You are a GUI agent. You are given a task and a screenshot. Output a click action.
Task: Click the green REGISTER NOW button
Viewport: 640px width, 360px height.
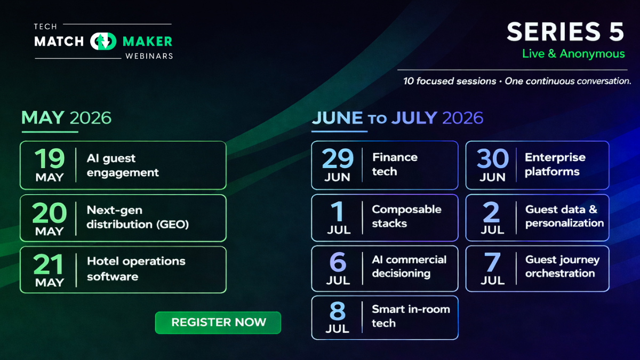(218, 322)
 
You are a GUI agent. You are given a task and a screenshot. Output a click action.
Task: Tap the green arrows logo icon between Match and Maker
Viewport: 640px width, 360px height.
(103, 41)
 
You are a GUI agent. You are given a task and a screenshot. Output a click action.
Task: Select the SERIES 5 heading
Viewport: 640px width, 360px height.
(565, 32)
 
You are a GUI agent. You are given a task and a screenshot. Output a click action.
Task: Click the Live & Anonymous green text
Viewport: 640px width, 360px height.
(573, 54)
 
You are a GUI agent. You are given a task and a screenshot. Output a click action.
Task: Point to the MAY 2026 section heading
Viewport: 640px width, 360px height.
(66, 117)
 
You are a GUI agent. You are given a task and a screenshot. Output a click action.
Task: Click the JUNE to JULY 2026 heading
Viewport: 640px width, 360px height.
(397, 117)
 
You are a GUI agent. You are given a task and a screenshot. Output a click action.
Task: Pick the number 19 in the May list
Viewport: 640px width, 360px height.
(49, 158)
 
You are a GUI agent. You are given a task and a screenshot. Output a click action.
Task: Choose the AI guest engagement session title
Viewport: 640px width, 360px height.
(123, 165)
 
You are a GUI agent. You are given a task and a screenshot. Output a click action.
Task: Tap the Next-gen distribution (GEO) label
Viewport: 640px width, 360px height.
(138, 217)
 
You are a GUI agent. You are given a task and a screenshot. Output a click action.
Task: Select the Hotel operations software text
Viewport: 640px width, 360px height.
(136, 269)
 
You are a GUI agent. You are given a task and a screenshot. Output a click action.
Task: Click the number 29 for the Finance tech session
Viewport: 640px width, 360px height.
(338, 158)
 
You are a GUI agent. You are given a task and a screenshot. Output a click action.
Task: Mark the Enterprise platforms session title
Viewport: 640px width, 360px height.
(555, 164)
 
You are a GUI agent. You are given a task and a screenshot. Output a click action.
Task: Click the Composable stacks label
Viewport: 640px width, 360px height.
(406, 216)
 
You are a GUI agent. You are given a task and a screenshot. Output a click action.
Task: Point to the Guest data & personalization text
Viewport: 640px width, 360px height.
(564, 216)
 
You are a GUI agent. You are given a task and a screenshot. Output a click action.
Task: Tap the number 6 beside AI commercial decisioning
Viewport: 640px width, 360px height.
(338, 262)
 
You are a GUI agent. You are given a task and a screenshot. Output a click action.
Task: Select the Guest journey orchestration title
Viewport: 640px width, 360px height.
(562, 266)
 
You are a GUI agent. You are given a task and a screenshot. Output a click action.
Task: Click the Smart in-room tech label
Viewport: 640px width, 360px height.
(411, 316)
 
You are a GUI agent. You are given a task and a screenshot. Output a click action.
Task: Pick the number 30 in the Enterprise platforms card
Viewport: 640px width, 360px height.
(492, 158)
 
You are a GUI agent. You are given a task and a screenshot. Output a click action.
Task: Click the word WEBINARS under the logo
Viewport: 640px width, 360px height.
(149, 56)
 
